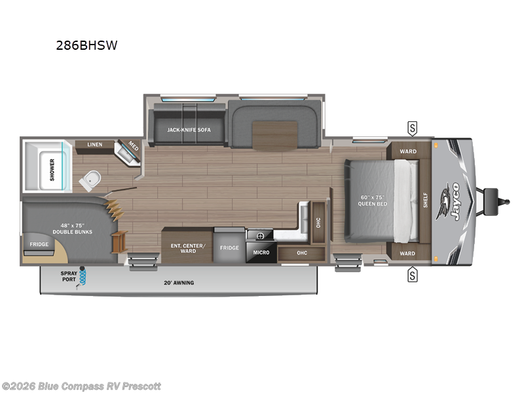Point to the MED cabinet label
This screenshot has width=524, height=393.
click(x=134, y=145)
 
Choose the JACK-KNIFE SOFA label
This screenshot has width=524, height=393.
click(x=188, y=130)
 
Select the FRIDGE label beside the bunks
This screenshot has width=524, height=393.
click(x=38, y=244)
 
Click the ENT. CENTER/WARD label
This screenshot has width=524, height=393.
click(x=188, y=248)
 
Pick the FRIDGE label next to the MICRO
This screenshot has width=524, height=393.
click(x=229, y=248)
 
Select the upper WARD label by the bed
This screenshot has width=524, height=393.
click(x=407, y=151)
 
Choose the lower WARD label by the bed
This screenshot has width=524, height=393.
click(x=407, y=253)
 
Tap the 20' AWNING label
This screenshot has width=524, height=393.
click(x=178, y=283)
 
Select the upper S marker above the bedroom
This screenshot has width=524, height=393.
click(x=412, y=126)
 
